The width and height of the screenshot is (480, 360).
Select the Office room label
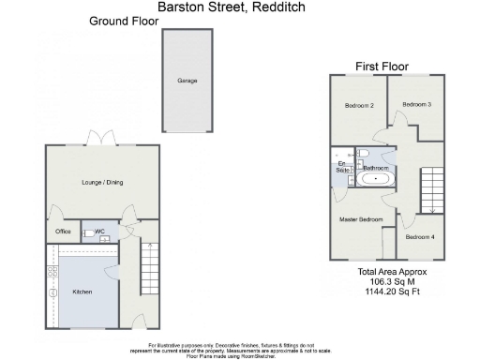tap(63, 231)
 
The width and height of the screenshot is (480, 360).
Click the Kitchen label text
tap(82, 292)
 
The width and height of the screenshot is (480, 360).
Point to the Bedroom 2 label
tap(359, 106)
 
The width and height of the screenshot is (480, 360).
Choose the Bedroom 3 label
tap(417, 104)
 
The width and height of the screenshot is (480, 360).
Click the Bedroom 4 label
tap(420, 236)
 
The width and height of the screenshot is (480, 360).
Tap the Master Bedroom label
tap(361, 218)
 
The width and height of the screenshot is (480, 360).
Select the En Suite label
tap(341, 170)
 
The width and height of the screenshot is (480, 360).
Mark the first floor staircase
tap(430, 188)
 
